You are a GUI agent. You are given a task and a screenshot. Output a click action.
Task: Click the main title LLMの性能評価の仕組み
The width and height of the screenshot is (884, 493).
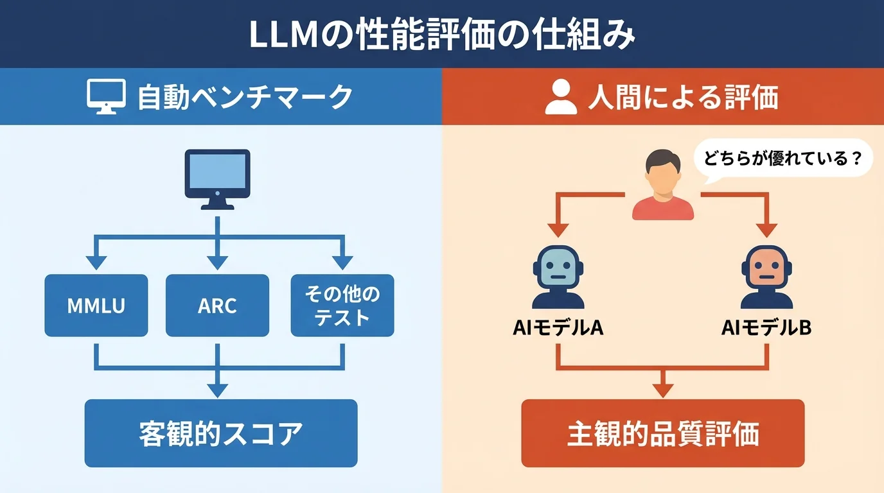[x=441, y=35]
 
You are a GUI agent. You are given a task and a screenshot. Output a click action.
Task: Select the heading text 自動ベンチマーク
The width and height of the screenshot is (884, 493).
[x=245, y=97]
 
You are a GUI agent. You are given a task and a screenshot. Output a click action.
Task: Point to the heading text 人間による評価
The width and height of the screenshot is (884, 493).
[x=682, y=98]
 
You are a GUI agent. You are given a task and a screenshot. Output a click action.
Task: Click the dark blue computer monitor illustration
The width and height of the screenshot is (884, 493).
[x=217, y=178]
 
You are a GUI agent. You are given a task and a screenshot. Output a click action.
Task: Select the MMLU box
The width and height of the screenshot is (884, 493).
[x=96, y=306]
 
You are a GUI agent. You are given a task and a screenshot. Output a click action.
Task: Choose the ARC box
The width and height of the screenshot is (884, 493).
[x=217, y=306]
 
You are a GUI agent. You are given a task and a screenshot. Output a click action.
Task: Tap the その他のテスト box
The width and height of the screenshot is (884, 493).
[x=342, y=306]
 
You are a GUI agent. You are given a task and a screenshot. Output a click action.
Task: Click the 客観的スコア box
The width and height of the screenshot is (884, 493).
[x=220, y=433]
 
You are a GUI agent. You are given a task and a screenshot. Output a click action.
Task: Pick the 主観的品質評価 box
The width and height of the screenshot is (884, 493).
[x=662, y=433]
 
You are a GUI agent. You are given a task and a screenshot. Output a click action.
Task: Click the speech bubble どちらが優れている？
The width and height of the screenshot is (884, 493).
[x=782, y=158]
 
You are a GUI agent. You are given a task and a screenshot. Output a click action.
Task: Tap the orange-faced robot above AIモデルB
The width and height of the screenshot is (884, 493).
[x=766, y=277]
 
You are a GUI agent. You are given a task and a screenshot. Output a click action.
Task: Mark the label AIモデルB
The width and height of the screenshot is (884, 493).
[x=766, y=328]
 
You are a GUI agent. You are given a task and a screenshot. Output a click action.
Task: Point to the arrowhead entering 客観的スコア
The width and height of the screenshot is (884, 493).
[x=218, y=390]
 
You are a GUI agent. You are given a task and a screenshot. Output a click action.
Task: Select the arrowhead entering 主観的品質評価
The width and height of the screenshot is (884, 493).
[x=662, y=390]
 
